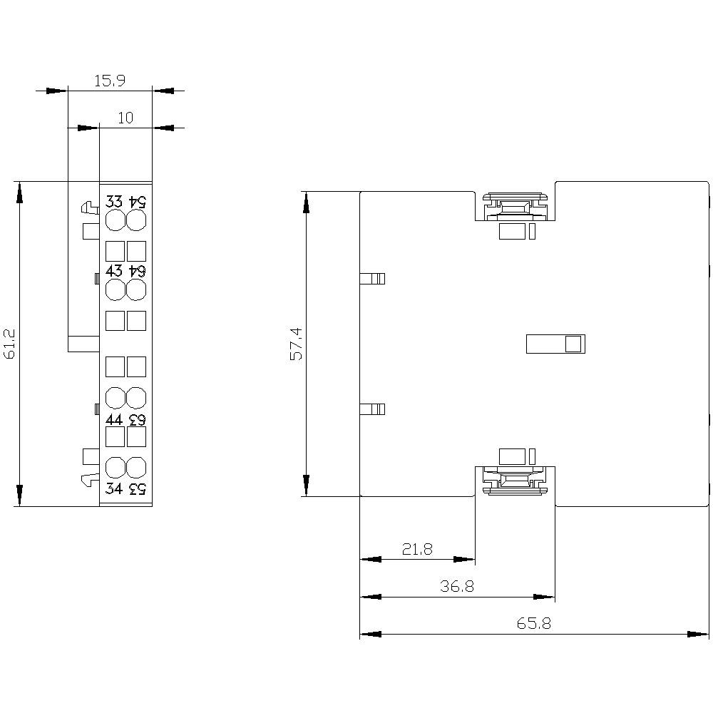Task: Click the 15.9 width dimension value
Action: coord(110,81)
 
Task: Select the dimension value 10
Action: coord(125,118)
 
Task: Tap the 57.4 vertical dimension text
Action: coord(296,344)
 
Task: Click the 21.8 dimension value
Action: coord(416,549)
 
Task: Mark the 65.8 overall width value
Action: coord(533,623)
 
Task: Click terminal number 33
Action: coord(114,202)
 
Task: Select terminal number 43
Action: coord(114,271)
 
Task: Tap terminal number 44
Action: coord(114,419)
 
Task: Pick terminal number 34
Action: coord(114,488)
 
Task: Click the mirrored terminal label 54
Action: coord(137,202)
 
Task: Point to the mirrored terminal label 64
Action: coord(137,271)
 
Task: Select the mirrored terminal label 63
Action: coord(137,419)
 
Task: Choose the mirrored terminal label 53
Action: coord(137,488)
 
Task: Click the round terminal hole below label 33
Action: coord(115,220)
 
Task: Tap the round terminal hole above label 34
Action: coord(115,468)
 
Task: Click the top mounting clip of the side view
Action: coord(514,207)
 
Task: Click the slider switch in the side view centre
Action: coord(555,344)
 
